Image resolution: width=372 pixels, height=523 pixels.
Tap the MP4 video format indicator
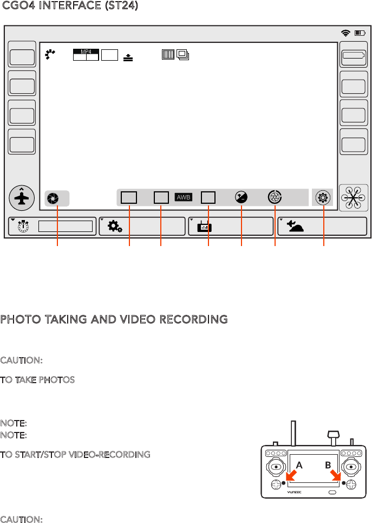[86, 52]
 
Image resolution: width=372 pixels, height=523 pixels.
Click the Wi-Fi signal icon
[345, 33]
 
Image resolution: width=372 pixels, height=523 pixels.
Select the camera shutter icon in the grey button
[53, 198]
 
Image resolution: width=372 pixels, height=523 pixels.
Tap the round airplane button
[23, 198]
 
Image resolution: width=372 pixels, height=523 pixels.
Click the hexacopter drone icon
[353, 198]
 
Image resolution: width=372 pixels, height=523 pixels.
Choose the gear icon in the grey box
[323, 197]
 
